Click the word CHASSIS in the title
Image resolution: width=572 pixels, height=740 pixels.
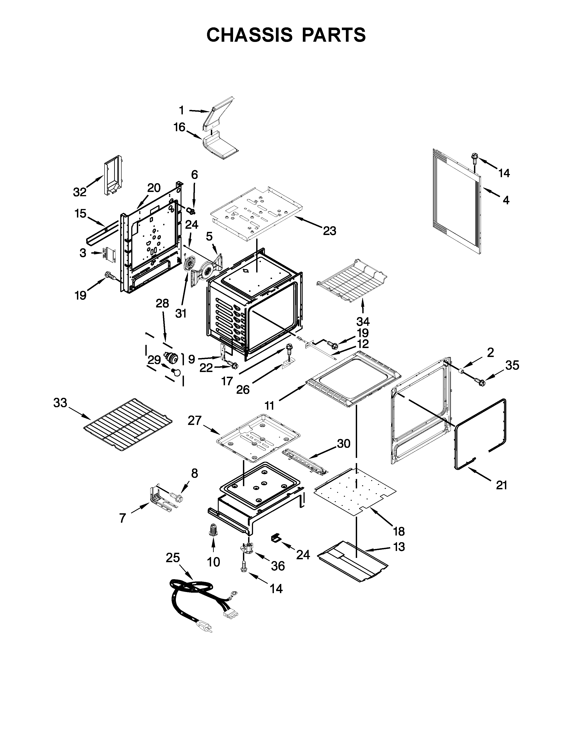(x=250, y=35)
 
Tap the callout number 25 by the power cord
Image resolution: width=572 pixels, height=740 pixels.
(x=173, y=558)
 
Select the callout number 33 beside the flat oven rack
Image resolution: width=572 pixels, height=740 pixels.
(x=60, y=403)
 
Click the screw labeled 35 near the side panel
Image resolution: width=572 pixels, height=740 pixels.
(x=480, y=382)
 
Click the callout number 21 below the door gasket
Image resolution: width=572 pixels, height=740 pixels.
(x=502, y=485)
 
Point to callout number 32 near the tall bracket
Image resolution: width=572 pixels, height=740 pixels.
(x=80, y=192)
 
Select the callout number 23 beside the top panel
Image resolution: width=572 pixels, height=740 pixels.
(x=329, y=231)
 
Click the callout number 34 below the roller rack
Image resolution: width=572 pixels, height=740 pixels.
(x=363, y=321)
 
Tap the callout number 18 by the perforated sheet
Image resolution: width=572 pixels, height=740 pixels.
(x=399, y=531)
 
